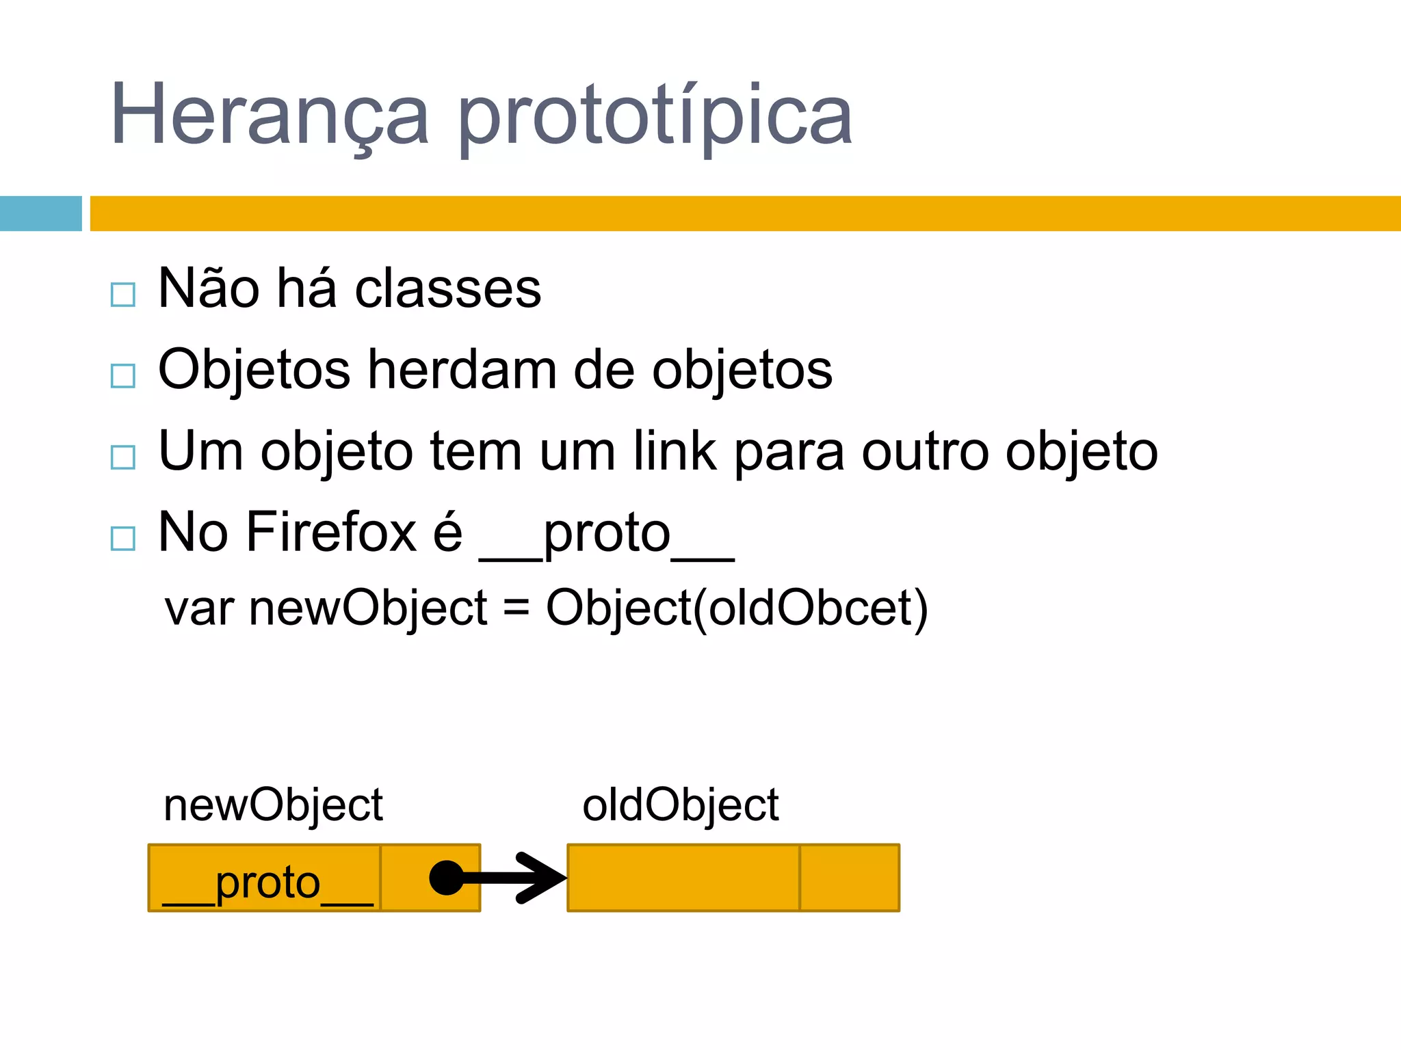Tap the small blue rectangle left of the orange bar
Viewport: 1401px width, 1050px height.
[x=40, y=213]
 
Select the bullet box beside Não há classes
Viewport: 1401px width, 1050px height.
[x=123, y=295]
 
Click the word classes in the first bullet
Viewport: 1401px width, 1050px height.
[x=448, y=289]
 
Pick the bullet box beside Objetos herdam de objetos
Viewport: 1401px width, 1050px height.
[x=123, y=375]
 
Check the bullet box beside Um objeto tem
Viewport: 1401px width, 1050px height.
[x=123, y=457]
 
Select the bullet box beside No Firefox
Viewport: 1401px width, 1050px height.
[x=123, y=538]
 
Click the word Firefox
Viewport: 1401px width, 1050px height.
[x=331, y=533]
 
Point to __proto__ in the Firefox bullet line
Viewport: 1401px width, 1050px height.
[x=607, y=535]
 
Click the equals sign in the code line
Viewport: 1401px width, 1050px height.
[x=516, y=607]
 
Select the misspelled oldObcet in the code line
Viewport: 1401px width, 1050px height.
[x=810, y=607]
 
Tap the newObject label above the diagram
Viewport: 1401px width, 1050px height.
[x=273, y=805]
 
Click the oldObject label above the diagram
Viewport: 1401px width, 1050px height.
[x=680, y=805]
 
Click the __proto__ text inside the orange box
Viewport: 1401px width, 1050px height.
[x=267, y=883]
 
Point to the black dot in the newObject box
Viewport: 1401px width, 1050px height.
[x=447, y=878]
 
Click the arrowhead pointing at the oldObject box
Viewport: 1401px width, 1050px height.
[x=544, y=878]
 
